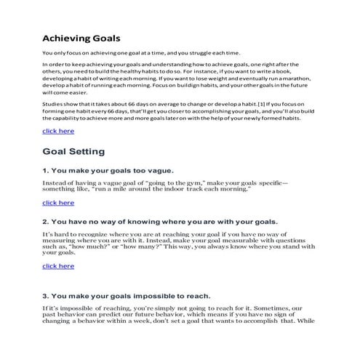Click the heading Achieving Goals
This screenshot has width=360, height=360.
click(x=81, y=37)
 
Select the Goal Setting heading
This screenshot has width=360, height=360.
click(x=73, y=151)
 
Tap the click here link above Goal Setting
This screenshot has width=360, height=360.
click(x=58, y=131)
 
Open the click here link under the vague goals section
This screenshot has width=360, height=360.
click(x=58, y=202)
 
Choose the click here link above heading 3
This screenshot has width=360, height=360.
click(x=58, y=266)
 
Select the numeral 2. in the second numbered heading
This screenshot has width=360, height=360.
click(x=46, y=220)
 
